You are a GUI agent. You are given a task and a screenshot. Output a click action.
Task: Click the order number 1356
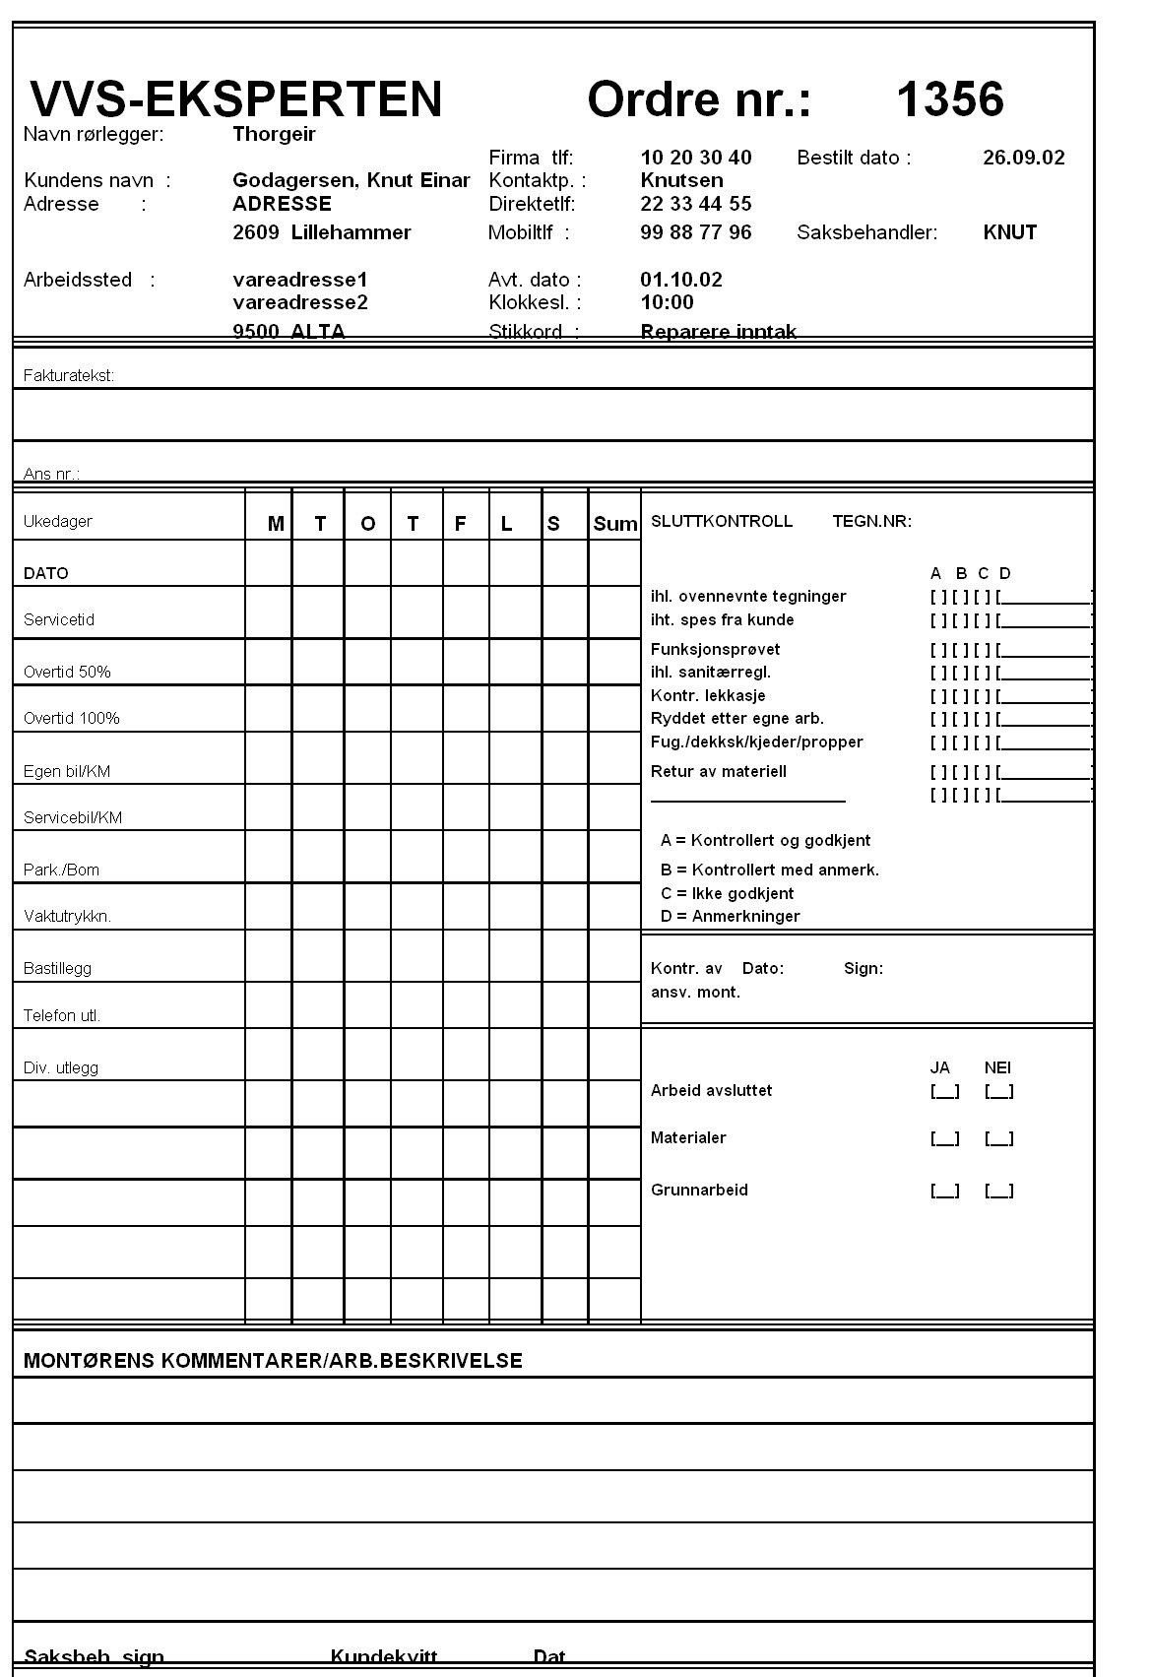tap(949, 99)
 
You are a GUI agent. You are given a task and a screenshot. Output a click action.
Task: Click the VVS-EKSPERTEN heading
tap(236, 99)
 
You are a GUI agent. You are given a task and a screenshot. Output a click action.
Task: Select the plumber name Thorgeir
tap(274, 134)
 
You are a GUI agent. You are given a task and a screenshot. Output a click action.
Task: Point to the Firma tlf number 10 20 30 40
tap(695, 158)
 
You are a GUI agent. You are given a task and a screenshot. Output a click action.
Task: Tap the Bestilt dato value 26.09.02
tap(1023, 158)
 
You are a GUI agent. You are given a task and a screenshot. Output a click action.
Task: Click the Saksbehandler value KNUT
tap(1009, 232)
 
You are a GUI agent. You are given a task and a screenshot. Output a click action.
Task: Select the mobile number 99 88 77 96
tap(695, 232)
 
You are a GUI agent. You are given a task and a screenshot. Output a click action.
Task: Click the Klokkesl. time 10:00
tap(667, 302)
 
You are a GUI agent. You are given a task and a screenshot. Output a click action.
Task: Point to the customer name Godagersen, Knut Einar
tap(351, 180)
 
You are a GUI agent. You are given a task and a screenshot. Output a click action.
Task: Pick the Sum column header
tap(615, 524)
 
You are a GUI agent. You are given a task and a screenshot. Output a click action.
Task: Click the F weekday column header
tap(460, 524)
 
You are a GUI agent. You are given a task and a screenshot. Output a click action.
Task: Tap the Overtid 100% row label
tap(72, 719)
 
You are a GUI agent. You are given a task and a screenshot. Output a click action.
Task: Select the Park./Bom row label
tap(61, 871)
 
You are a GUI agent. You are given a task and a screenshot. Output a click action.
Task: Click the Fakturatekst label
tap(69, 375)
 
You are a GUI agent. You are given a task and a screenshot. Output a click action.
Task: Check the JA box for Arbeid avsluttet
tap(944, 1091)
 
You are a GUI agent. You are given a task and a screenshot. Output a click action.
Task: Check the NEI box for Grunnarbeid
tap(998, 1191)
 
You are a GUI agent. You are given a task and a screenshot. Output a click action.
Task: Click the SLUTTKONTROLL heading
tap(721, 522)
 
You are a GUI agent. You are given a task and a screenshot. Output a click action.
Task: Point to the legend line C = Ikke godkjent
tap(728, 894)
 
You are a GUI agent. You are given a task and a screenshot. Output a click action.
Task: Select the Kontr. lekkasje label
tap(708, 696)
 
